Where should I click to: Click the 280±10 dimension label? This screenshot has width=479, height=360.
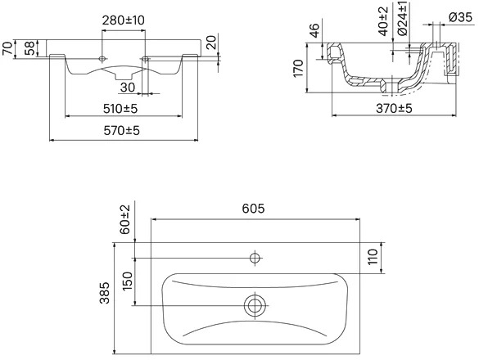point(123,20)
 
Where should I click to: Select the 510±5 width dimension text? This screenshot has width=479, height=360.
point(120,108)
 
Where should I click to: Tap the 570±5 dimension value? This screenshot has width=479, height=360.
point(121,131)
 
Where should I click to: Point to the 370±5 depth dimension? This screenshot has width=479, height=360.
point(394,108)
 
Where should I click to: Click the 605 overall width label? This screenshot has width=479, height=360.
point(253,209)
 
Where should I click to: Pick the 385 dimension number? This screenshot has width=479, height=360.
point(105,293)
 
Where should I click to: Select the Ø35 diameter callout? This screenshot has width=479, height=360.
point(461,17)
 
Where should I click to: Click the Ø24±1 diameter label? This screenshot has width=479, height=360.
point(403,18)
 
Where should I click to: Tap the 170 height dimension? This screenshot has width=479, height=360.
point(298,69)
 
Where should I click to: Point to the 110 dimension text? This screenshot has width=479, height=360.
point(373,257)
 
